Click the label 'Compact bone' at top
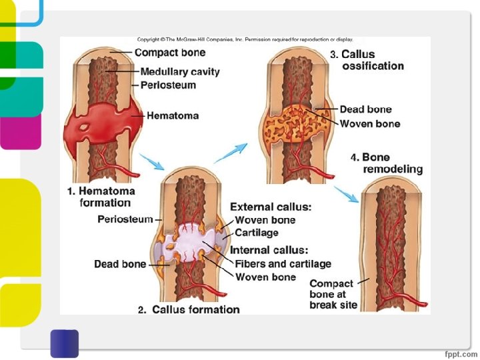[x=170, y=53]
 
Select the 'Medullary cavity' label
[x=179, y=72]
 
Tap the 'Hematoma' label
[x=173, y=116]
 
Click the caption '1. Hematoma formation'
[x=101, y=197]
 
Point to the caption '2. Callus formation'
[x=189, y=309]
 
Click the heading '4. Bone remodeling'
[x=387, y=163]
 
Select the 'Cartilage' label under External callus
[x=257, y=233]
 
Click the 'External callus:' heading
[x=271, y=207]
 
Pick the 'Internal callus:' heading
[x=269, y=251]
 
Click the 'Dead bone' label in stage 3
[x=365, y=109]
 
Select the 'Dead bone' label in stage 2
[x=120, y=264]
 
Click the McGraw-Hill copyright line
[x=245, y=40]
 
